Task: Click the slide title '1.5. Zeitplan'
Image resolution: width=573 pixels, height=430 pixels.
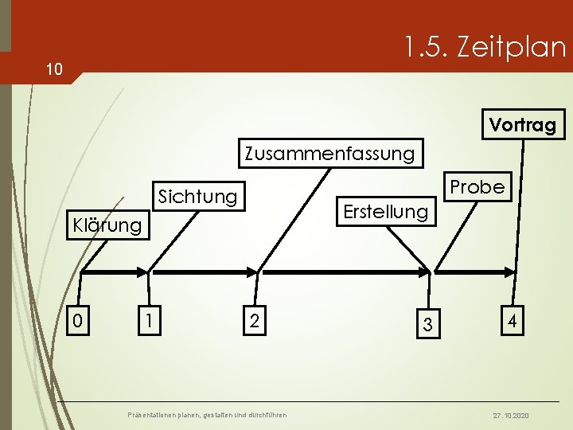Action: [484, 48]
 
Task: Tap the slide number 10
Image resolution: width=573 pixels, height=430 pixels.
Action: [53, 70]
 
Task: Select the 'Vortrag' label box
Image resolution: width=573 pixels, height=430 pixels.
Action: [523, 125]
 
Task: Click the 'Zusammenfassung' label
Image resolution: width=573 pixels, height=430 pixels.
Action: [329, 152]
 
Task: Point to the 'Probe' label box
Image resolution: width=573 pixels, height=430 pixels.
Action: [477, 186]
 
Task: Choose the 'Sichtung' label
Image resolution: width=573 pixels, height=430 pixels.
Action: [198, 196]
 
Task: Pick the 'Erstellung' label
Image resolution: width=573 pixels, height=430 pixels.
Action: [385, 211]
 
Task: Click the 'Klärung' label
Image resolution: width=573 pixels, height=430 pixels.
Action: [107, 225]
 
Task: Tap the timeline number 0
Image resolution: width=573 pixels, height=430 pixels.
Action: [77, 321]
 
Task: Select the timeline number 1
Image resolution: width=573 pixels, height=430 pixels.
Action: [146, 321]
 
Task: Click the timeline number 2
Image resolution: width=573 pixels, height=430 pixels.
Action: [253, 321]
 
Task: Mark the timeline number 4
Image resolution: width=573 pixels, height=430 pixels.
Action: [513, 322]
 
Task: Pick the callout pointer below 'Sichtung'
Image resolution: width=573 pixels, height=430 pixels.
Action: [171, 239]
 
